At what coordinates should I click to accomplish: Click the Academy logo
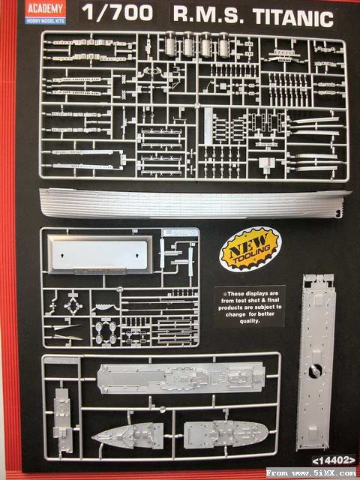coord(46,12)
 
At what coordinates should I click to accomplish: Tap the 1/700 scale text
coord(117,13)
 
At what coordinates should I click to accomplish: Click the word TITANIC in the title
coord(293,18)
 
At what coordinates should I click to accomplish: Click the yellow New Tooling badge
coord(250,249)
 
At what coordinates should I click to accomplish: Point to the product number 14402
coord(334,460)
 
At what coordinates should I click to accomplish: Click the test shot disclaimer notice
coord(250,307)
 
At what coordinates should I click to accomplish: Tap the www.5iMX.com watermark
coord(311,472)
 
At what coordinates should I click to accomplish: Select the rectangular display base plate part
coord(100,255)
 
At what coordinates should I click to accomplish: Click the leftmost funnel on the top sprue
coord(170,45)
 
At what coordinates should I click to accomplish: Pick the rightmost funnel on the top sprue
coord(223,45)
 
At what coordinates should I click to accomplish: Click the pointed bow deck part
coord(127,436)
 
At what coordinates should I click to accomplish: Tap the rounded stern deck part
coord(226,434)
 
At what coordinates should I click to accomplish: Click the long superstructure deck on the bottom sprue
coord(181,378)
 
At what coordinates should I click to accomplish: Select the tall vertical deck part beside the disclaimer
coord(316,362)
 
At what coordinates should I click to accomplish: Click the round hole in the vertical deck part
coord(315,371)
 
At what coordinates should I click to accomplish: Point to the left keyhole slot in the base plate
coord(62,255)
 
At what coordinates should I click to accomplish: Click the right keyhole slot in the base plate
coord(136,255)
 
